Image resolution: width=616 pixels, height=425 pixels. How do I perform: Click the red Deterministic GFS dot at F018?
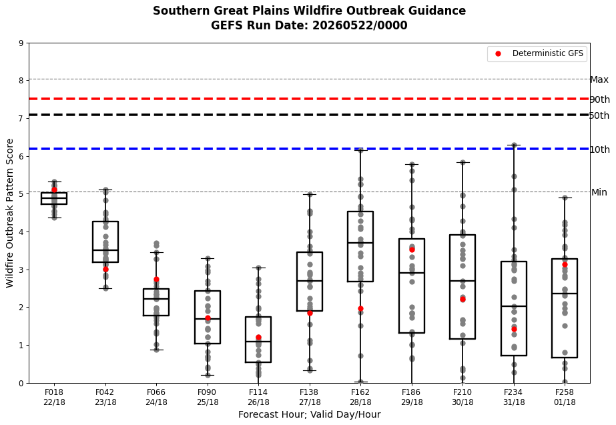(x=54, y=190)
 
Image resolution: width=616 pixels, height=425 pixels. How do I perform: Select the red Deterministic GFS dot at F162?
(x=360, y=309)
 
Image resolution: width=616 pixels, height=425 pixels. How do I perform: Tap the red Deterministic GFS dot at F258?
(x=565, y=265)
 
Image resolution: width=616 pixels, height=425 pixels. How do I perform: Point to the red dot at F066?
(x=156, y=280)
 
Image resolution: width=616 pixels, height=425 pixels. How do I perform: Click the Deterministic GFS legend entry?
(x=537, y=54)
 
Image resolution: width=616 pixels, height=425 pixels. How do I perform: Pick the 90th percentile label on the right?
(x=600, y=99)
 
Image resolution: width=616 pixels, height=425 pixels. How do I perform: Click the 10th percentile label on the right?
(x=600, y=149)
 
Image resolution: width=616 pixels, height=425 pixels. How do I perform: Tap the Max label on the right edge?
(x=599, y=80)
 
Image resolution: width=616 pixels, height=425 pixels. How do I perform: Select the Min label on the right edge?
(x=599, y=192)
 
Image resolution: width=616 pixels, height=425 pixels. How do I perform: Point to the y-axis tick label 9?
(x=21, y=43)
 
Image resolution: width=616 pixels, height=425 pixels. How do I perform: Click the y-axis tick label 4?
(x=21, y=232)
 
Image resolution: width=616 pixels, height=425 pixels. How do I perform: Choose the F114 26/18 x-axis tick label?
(x=258, y=397)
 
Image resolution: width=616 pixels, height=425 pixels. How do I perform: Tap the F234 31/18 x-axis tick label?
(x=514, y=397)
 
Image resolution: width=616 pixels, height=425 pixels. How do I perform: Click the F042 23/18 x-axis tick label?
(x=105, y=397)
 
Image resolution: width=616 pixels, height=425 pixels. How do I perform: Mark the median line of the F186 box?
(x=412, y=273)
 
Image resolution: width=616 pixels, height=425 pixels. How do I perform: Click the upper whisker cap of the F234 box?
(x=514, y=145)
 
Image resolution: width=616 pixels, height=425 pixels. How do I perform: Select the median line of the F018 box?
(x=54, y=198)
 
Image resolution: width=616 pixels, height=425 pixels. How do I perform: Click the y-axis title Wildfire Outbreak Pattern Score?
(x=10, y=213)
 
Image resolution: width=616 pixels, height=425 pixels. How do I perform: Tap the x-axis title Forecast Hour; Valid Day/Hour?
(x=310, y=415)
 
